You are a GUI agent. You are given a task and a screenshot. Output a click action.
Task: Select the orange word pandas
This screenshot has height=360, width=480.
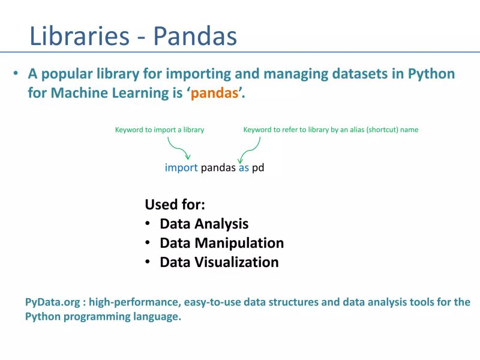tap(214, 94)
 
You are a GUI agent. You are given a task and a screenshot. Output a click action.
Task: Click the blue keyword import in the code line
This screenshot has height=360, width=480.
tap(181, 168)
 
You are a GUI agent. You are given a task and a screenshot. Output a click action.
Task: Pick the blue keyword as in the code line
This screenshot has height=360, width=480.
tap(244, 168)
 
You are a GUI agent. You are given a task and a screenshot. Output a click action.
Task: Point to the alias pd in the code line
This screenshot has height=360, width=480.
tap(258, 169)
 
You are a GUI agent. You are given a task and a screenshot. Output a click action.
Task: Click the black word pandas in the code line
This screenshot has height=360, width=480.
tap(218, 169)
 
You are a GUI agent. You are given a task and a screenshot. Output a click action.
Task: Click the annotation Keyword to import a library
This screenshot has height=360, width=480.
tap(159, 130)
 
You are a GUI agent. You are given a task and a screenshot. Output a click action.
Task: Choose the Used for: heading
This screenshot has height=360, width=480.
tap(175, 205)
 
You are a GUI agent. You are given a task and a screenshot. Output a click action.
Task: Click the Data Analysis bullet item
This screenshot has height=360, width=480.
tap(204, 224)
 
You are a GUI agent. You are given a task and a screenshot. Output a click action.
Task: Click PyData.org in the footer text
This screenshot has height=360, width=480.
tap(50, 302)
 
